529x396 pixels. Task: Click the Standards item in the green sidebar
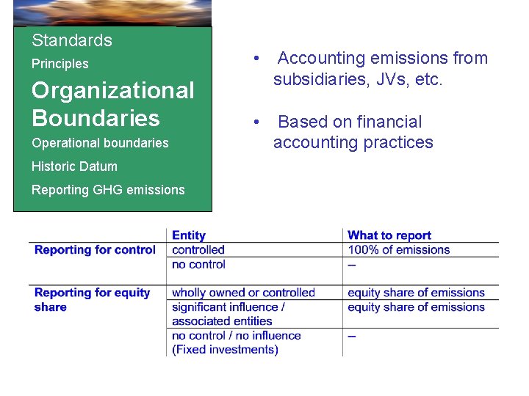pyautogui.click(x=72, y=40)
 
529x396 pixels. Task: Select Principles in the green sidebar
pyautogui.click(x=60, y=64)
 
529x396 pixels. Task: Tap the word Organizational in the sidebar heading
pyautogui.click(x=113, y=90)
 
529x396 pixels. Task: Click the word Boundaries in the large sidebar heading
pyautogui.click(x=96, y=117)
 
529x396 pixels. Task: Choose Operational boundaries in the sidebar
pyautogui.click(x=100, y=143)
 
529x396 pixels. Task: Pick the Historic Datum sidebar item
pyautogui.click(x=74, y=166)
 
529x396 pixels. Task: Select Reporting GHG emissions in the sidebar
pyautogui.click(x=108, y=190)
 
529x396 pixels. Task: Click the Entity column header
pyautogui.click(x=189, y=235)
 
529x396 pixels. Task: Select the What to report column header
pyautogui.click(x=389, y=235)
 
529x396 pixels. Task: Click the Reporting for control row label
pyautogui.click(x=95, y=250)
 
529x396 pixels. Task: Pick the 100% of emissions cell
pyautogui.click(x=398, y=250)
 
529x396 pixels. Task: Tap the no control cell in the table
pyautogui.click(x=198, y=264)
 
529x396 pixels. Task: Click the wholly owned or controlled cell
pyautogui.click(x=243, y=293)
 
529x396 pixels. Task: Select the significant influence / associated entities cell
pyautogui.click(x=228, y=314)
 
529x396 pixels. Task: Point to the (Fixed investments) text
pyautogui.click(x=225, y=350)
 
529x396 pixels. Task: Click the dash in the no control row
pyautogui.click(x=352, y=265)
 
